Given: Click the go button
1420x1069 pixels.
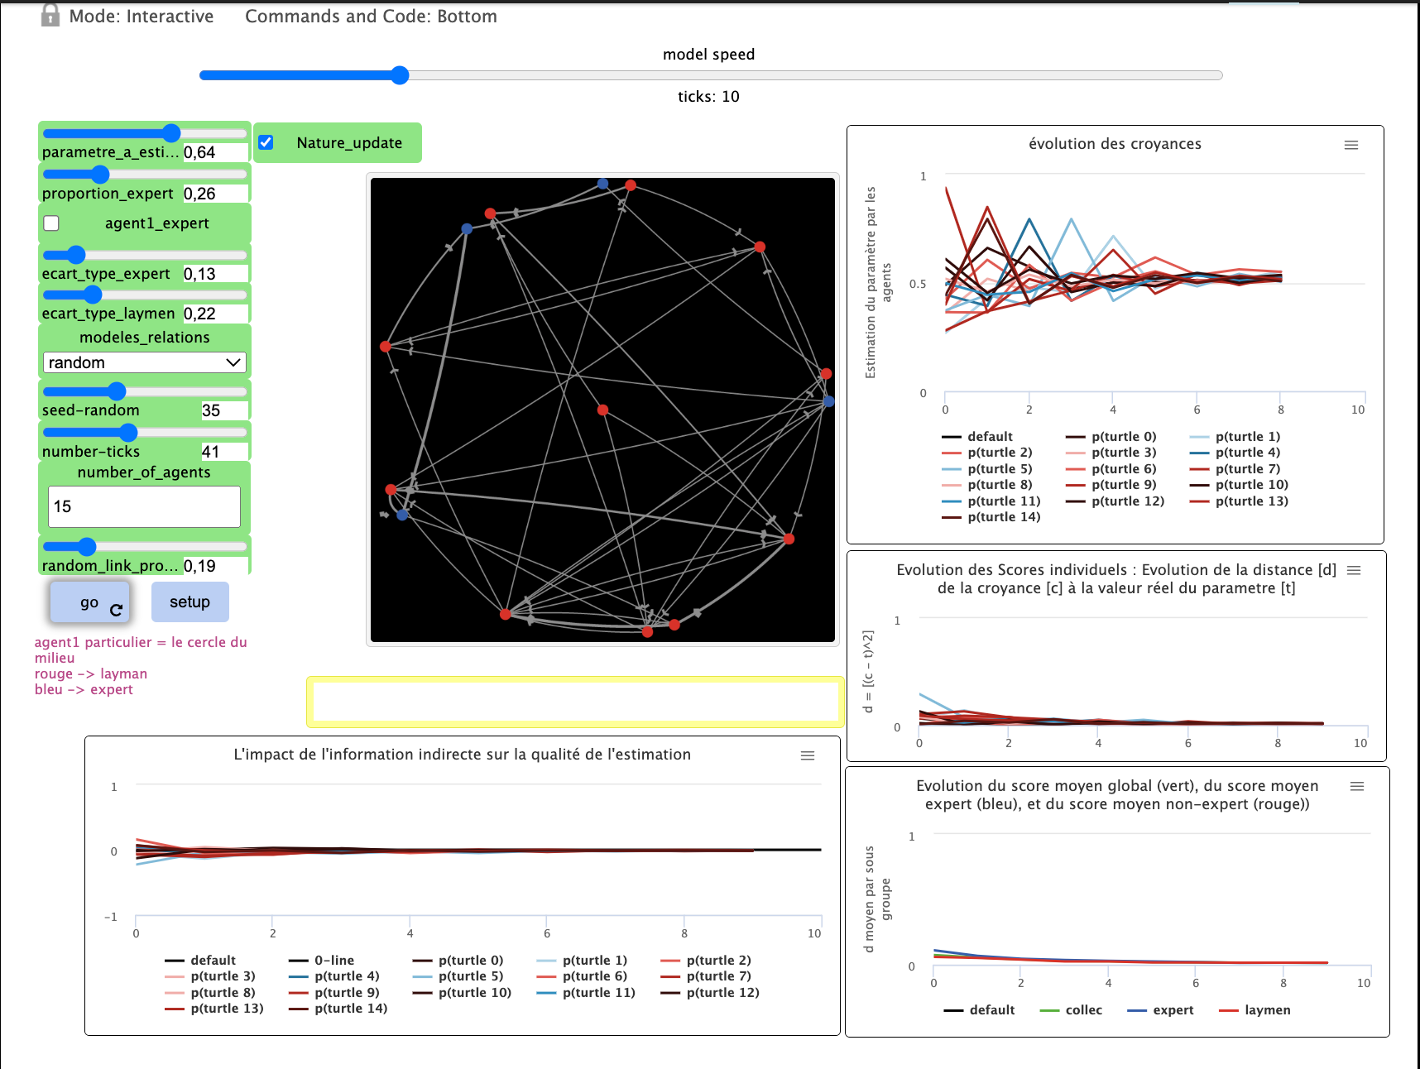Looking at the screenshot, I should pyautogui.click(x=89, y=602).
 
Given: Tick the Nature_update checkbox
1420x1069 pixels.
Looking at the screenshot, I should pyautogui.click(x=266, y=142).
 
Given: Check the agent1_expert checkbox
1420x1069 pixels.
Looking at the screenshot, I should pyautogui.click(x=51, y=223).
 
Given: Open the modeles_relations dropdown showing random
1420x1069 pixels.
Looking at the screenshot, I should pyautogui.click(x=144, y=362).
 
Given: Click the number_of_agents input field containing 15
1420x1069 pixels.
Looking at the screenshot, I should pyautogui.click(x=144, y=506).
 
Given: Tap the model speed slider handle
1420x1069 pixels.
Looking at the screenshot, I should pyautogui.click(x=400, y=75).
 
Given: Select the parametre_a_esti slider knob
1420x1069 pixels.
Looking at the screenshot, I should pyautogui.click(x=171, y=133).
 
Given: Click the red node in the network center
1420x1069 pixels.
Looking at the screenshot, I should pyautogui.click(x=602, y=410).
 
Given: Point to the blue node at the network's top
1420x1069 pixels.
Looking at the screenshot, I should pyautogui.click(x=602, y=184).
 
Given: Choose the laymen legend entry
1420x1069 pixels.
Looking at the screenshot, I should pyautogui.click(x=1267, y=1010).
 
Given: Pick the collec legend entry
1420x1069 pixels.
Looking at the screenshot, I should pyautogui.click(x=1083, y=1010).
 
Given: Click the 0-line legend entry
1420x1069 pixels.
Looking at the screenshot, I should pyautogui.click(x=333, y=961).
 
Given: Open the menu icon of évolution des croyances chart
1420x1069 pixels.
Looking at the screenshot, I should pyautogui.click(x=1351, y=145).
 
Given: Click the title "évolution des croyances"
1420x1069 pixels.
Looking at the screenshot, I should pyautogui.click(x=1115, y=144).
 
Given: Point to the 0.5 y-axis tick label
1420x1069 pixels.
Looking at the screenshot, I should pyautogui.click(x=918, y=284).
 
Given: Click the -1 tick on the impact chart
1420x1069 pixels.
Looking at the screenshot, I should pyautogui.click(x=111, y=917).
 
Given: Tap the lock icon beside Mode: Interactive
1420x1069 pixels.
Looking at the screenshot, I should pyautogui.click(x=50, y=16).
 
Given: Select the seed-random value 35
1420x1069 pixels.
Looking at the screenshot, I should pyautogui.click(x=212, y=410).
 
